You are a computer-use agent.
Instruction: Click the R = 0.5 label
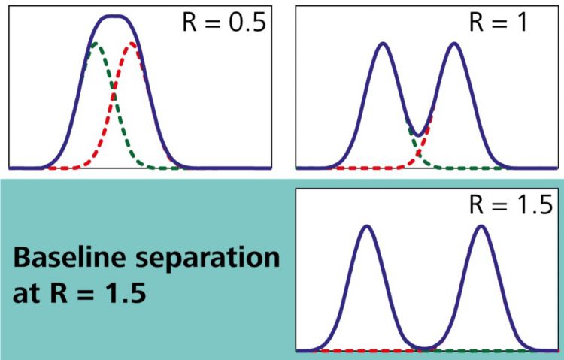point(225,21)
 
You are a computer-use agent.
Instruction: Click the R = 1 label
point(498,21)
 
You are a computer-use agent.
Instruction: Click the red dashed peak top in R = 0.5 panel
point(133,44)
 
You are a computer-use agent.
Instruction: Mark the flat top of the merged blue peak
point(114,17)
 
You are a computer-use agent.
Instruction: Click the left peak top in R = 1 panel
point(383,44)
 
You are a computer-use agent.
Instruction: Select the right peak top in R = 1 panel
point(454,44)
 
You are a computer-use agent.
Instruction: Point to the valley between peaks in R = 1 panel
point(418,134)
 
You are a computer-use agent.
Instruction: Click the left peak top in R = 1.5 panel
point(366,226)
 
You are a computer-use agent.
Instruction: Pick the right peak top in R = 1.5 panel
point(481,226)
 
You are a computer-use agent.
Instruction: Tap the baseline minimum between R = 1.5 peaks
point(424,349)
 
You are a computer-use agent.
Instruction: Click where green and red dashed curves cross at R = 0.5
point(114,98)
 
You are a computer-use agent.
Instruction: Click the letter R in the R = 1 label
point(477,21)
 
